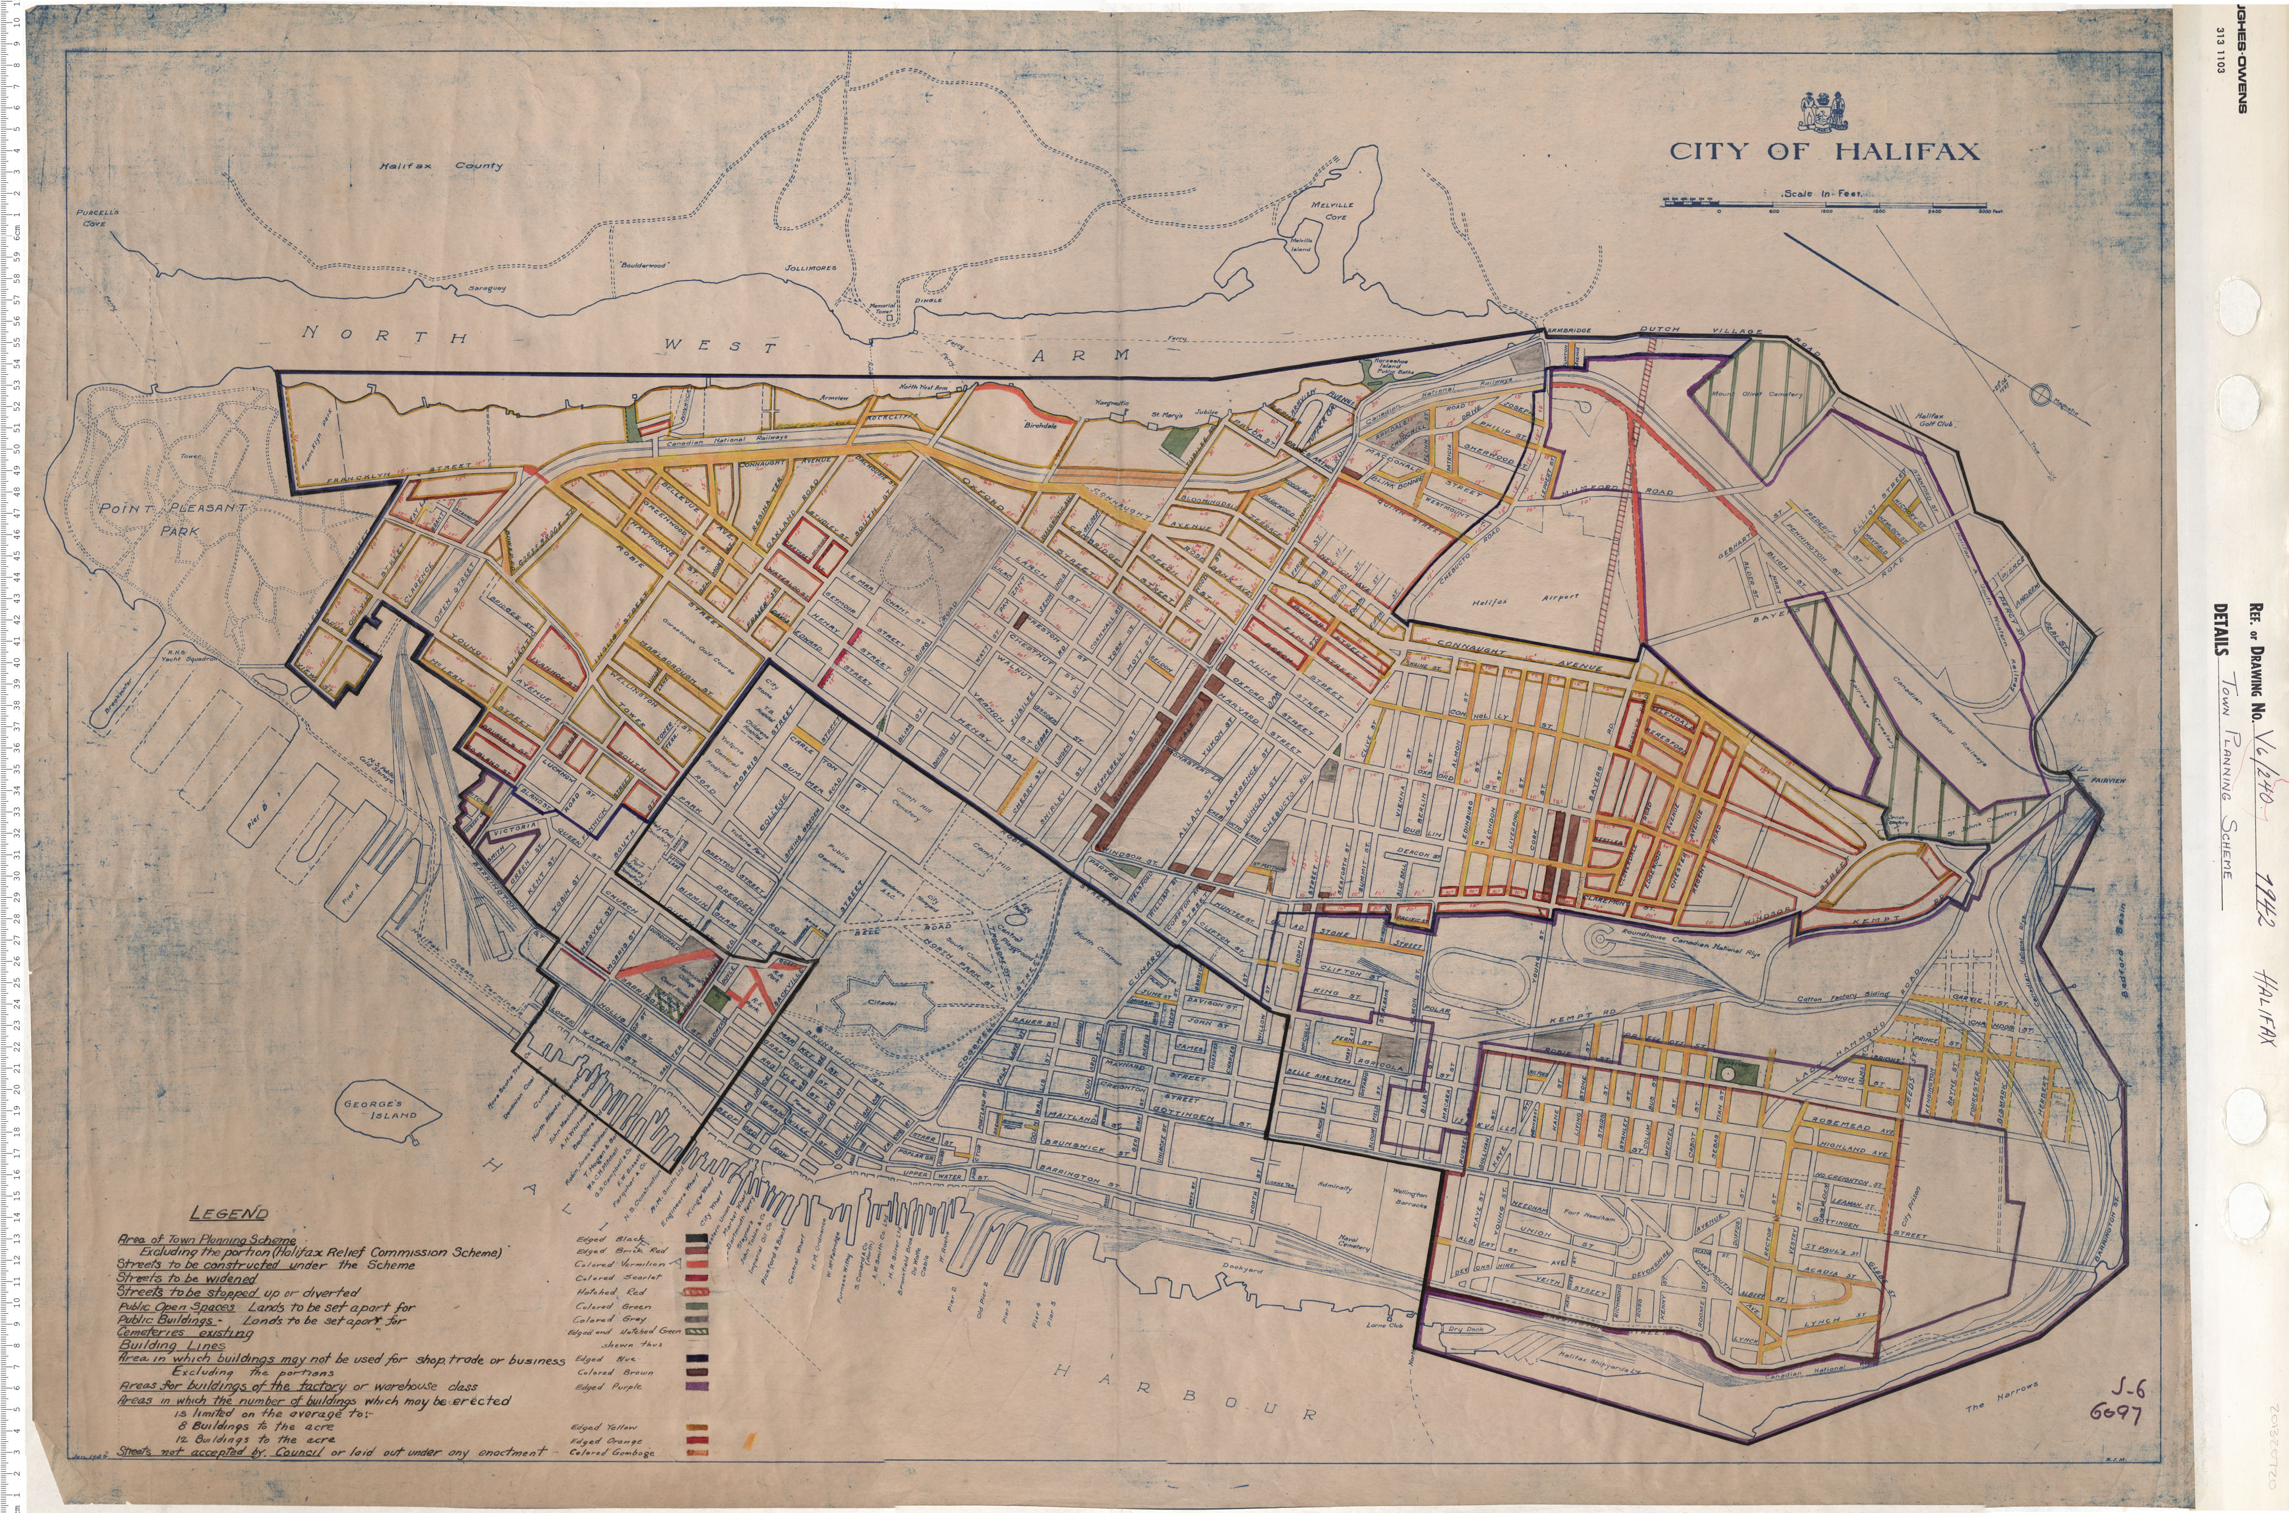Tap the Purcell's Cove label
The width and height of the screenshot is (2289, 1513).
pos(97,217)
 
